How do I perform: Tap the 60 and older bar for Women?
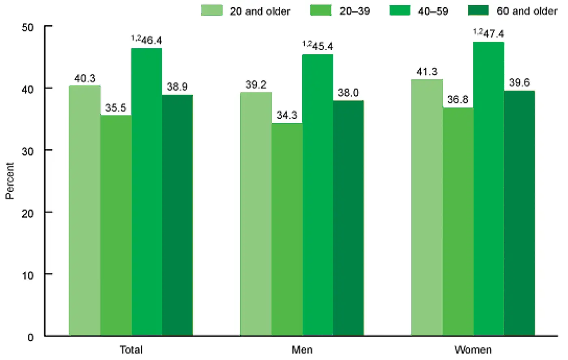tap(519, 213)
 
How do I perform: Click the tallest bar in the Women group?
tap(488, 189)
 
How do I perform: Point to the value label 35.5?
tap(116, 108)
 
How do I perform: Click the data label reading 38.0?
tap(348, 93)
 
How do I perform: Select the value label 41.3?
tap(427, 72)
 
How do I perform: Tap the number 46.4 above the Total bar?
tap(151, 40)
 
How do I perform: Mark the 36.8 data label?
tap(458, 100)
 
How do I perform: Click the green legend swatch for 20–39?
tap(321, 10)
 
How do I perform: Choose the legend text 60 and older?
tap(527, 11)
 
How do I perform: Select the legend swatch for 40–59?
tap(400, 10)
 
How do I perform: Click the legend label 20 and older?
tap(260, 11)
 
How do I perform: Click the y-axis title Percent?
tap(10, 181)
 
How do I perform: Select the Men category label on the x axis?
tap(302, 349)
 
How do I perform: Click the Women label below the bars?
tap(473, 349)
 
